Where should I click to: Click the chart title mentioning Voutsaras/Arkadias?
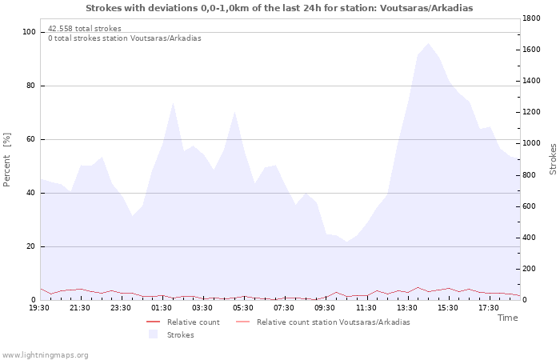point(279,8)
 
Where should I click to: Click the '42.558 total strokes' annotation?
point(85,29)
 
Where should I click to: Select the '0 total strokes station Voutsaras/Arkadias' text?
point(125,38)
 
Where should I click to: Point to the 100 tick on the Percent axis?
point(30,32)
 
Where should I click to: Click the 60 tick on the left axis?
point(31,139)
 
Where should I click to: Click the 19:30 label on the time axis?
point(39,308)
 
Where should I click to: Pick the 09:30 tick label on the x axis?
point(326,308)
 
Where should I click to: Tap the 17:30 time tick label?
point(489,308)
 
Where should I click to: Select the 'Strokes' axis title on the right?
point(553,158)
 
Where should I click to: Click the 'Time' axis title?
point(507,318)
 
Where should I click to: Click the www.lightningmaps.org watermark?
point(46,355)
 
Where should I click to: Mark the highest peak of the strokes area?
point(428,43)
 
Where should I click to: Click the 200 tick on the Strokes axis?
point(532,269)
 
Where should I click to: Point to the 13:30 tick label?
point(407,308)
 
